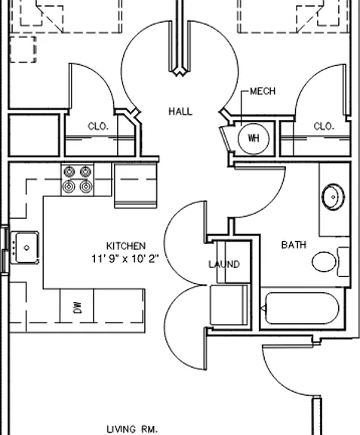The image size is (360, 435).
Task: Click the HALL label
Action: (180, 112)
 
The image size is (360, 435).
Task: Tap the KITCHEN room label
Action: (126, 245)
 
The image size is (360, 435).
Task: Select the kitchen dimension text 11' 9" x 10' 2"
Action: (125, 259)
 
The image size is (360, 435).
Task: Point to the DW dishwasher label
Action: (78, 307)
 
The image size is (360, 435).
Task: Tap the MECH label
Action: (263, 91)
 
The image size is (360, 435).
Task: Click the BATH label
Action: (294, 245)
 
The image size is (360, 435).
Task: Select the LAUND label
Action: (224, 264)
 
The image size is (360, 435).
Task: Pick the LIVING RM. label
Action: (132, 429)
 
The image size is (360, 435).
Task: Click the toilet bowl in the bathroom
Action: (324, 261)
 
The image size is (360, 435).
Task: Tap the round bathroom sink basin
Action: (333, 197)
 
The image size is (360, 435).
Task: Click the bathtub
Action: (302, 308)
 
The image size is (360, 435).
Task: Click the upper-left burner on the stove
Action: (69, 172)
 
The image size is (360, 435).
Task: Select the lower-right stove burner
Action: (86, 187)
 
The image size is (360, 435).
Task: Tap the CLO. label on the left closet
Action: (98, 127)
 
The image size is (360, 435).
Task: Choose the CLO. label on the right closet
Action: (324, 127)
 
